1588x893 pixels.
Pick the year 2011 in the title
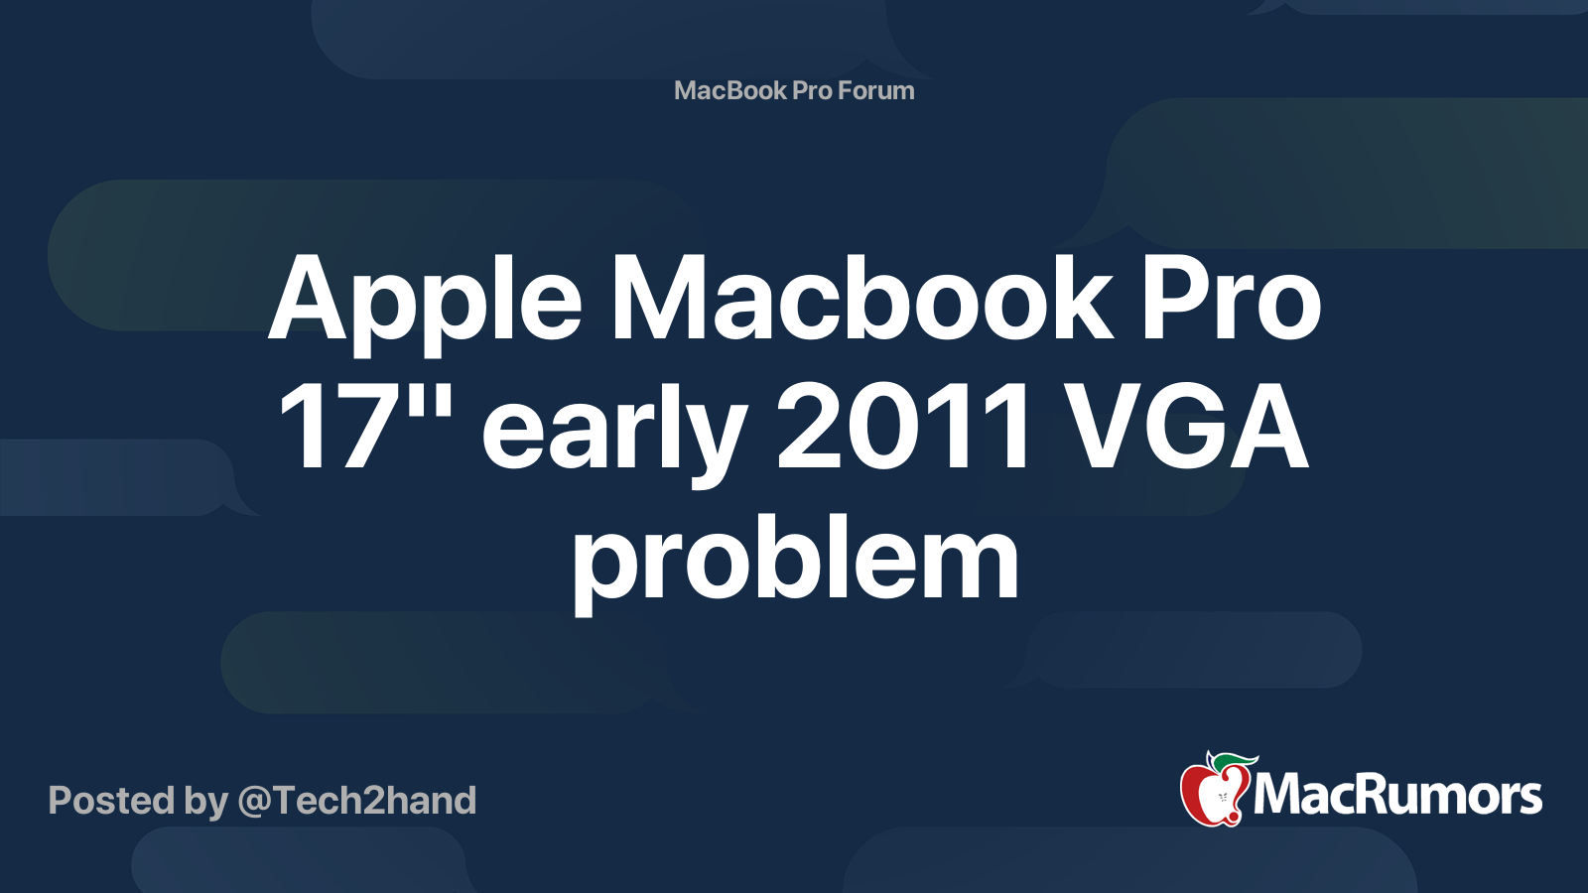pyautogui.click(x=903, y=429)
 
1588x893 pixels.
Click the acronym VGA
pyautogui.click(x=1190, y=429)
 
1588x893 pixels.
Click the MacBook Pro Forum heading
pyautogui.click(x=794, y=90)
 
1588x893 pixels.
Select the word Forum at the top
pyautogui.click(x=875, y=90)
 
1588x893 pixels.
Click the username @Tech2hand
pyautogui.click(x=357, y=801)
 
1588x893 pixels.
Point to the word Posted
pyautogui.click(x=111, y=801)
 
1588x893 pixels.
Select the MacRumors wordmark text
pyautogui.click(x=1397, y=796)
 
